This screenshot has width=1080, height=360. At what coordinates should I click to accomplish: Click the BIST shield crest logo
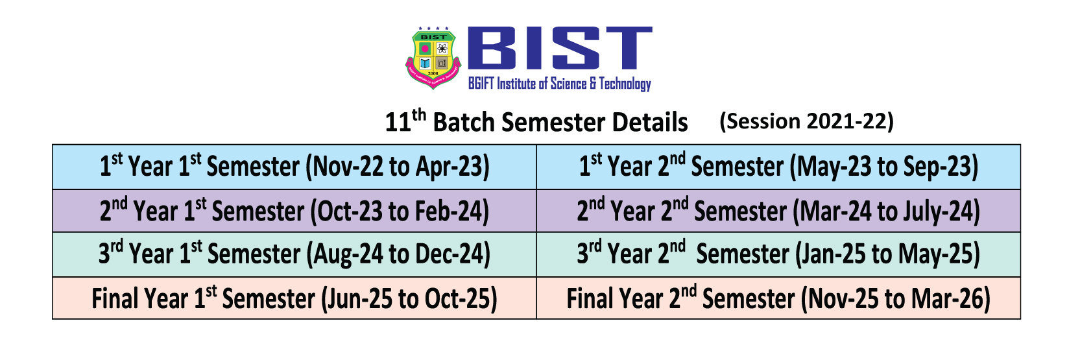coord(433,58)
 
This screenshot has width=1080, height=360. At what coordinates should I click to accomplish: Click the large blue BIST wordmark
coord(560,48)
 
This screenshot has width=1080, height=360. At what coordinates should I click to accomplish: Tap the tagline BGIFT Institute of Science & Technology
coord(560,84)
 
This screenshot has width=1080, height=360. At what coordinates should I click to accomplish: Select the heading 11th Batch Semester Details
coord(536,121)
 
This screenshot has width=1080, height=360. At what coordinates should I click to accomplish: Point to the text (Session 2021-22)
coord(807,121)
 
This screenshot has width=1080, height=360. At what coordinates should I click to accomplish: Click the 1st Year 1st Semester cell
coord(294,167)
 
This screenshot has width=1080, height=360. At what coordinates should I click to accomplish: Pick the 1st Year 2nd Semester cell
coord(778,167)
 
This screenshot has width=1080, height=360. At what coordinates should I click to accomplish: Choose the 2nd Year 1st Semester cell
coord(294,211)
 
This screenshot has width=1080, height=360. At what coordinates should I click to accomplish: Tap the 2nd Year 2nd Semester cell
coord(778,211)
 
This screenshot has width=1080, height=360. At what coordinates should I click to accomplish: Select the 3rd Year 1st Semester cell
coord(294,254)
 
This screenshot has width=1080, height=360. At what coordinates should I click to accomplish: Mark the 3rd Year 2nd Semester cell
coord(778,254)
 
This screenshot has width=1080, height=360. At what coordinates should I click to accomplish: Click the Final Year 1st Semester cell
coord(294,298)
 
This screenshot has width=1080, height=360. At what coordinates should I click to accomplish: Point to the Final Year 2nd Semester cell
coord(778,298)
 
